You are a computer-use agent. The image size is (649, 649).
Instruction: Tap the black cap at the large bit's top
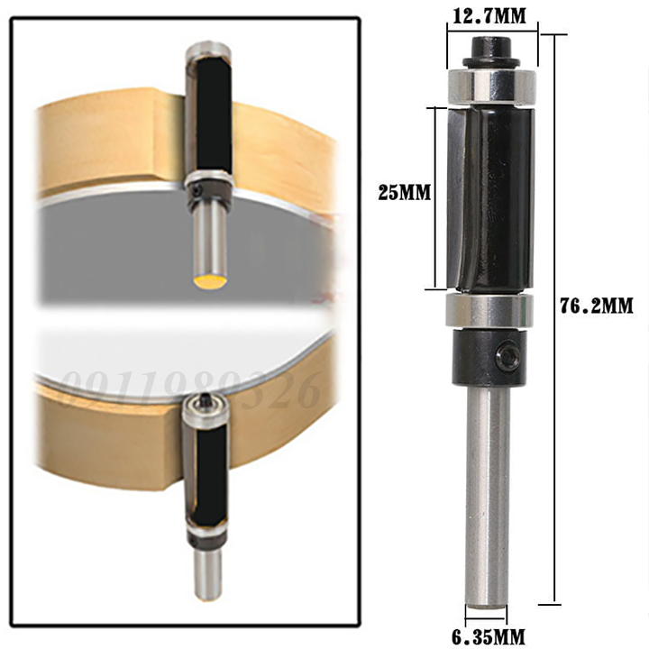coord(492,47)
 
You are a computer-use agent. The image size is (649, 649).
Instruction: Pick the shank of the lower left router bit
coord(209,572)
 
